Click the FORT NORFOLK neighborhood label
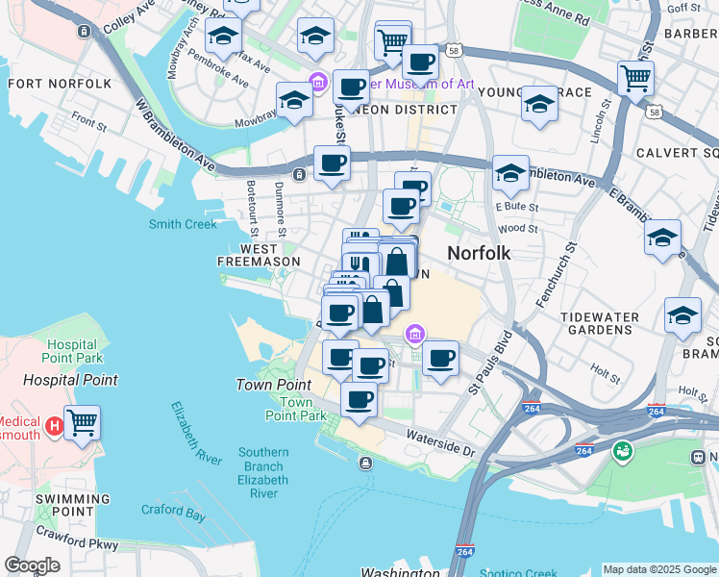(x=60, y=84)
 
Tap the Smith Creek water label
(x=183, y=224)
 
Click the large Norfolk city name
(x=478, y=253)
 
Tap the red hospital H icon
(x=55, y=424)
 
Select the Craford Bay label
(x=173, y=513)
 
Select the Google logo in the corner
(x=33, y=565)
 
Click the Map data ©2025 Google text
(x=659, y=569)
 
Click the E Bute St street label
(x=517, y=206)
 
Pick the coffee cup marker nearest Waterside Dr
(x=359, y=399)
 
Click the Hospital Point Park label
(x=62, y=351)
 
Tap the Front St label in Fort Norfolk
(x=88, y=123)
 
